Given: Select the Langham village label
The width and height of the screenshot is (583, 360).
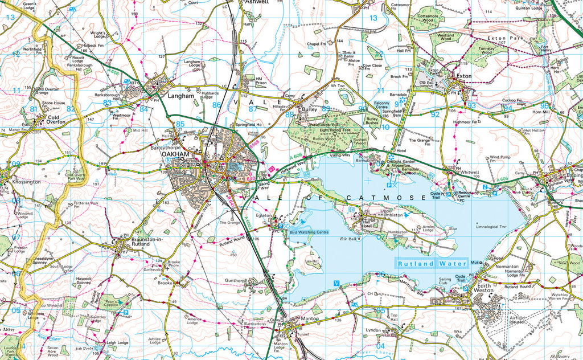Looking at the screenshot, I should tap(181, 96).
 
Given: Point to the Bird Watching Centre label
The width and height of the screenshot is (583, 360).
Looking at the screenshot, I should tap(309, 232).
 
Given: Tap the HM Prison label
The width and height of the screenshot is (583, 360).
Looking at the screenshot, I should tap(261, 81).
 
